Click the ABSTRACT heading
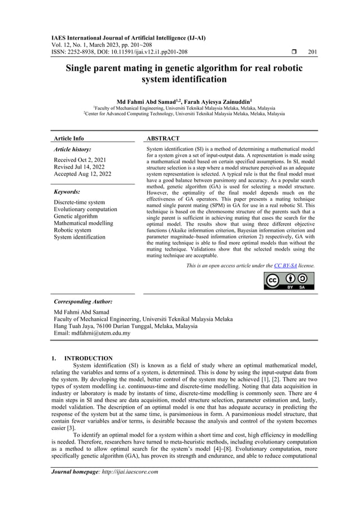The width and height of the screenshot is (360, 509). pyautogui.click(x=163, y=138)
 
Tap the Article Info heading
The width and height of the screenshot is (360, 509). pyautogui.click(x=68, y=138)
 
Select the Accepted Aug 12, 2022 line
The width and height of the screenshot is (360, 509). pyautogui.click(x=82, y=174)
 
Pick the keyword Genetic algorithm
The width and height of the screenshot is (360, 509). pyautogui.click(x=76, y=217)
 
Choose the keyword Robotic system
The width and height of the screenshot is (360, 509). pyautogui.click(x=72, y=230)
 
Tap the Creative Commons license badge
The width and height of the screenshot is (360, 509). pyautogui.click(x=289, y=281)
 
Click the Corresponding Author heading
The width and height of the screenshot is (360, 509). pyautogui.click(x=82, y=302)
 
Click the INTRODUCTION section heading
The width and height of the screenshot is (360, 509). pyautogui.click(x=88, y=358)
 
